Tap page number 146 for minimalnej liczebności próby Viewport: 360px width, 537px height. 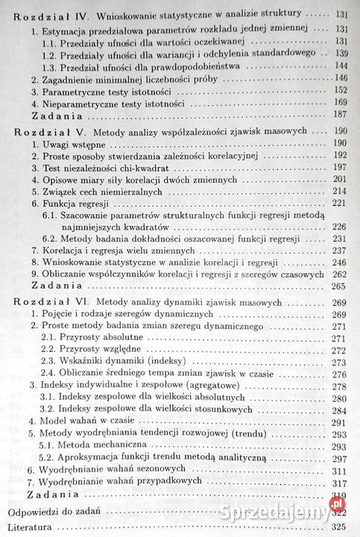[x=342, y=78]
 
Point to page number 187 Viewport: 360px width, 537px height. [x=341, y=115]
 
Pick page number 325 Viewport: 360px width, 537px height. [x=341, y=527]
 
